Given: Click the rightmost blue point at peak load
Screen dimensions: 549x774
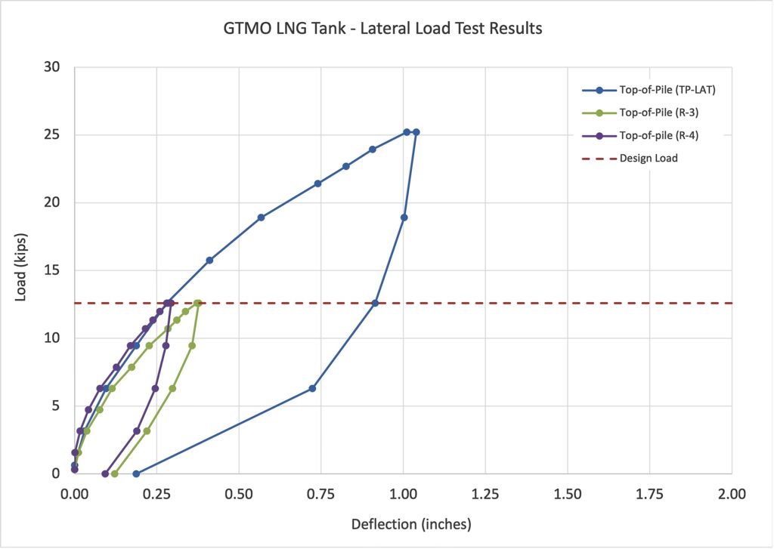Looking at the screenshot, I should pos(416,132).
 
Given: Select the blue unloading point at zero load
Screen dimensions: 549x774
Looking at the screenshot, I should pos(136,473).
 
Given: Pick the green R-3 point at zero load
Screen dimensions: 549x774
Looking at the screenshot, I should pos(115,473).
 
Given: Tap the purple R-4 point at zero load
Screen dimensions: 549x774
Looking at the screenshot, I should pos(105,473).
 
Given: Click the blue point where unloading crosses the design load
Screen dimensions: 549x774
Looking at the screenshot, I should pos(375,303).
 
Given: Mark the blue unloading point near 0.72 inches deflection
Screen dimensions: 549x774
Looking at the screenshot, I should pos(312,388).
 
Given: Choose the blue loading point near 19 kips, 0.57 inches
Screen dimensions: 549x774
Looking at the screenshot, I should pos(261,217).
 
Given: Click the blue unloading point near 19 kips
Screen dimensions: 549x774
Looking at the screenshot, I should pos(404,217).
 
